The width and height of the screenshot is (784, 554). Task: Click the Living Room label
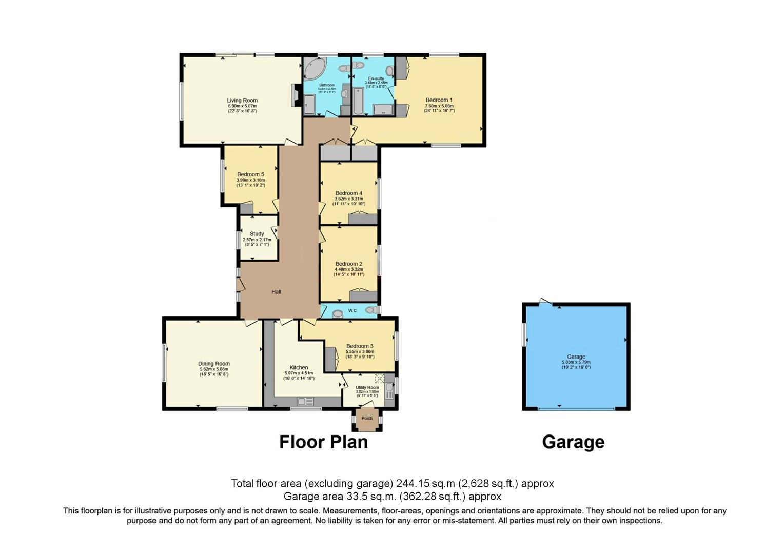point(242,101)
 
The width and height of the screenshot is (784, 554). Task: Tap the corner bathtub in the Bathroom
point(314,69)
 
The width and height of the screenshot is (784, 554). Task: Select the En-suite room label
point(376,78)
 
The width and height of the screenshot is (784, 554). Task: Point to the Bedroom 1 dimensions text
point(439,108)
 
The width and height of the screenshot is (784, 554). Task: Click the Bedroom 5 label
point(250,174)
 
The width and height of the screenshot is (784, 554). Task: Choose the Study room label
point(257,234)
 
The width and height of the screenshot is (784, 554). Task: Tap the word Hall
point(277,292)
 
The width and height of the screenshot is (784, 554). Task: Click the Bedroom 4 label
point(348,193)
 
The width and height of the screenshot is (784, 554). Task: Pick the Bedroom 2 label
point(348,264)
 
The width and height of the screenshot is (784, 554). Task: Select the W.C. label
point(353,311)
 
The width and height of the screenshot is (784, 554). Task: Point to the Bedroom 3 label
point(360,346)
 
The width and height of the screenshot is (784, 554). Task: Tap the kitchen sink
point(306,401)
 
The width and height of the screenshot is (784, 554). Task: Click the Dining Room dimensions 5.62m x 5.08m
point(213,369)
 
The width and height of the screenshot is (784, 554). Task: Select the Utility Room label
point(367,388)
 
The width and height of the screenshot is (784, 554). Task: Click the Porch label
point(367,418)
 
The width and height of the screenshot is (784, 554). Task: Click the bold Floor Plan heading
point(323,442)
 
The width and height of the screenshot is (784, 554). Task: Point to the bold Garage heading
point(573,442)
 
